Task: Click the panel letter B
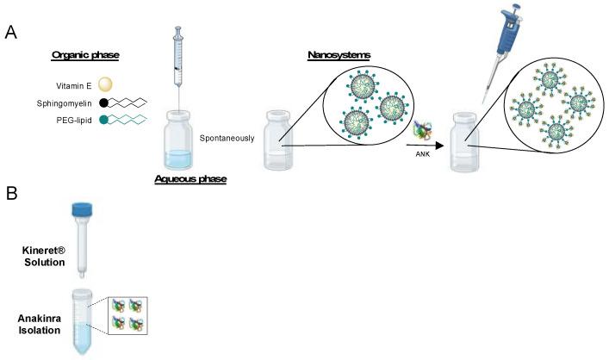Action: click(x=10, y=196)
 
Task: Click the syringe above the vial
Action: click(x=178, y=60)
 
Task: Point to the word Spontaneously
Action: click(x=227, y=138)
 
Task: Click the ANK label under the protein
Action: click(x=421, y=155)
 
